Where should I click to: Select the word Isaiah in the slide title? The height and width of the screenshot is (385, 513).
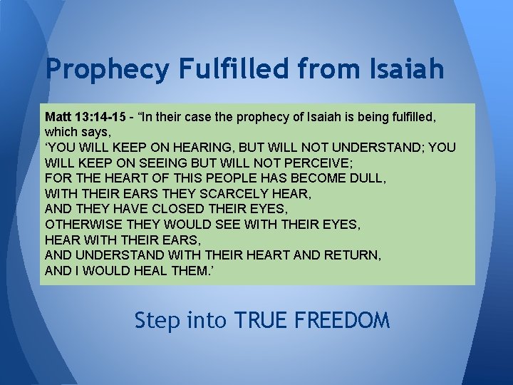click(404, 68)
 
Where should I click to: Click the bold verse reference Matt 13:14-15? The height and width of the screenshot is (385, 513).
click(84, 116)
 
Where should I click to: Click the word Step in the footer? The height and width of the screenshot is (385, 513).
click(158, 321)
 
